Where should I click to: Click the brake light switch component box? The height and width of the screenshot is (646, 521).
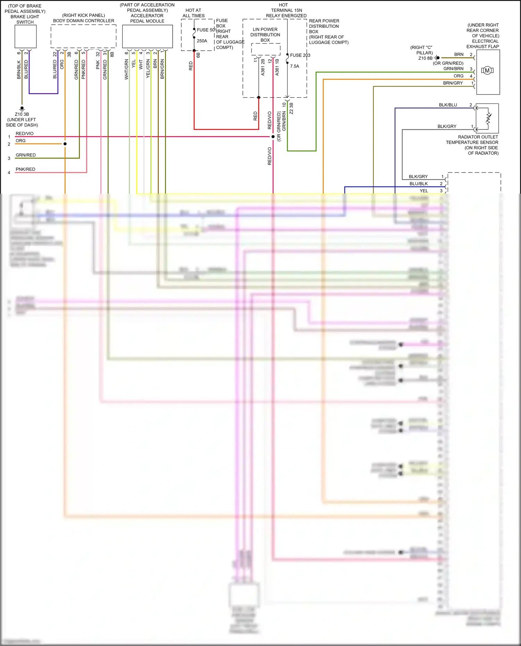[x=25, y=36]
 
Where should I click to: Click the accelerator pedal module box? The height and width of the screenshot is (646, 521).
[x=147, y=36]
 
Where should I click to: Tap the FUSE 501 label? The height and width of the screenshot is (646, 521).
[x=206, y=30]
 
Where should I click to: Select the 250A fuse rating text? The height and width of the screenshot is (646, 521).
[x=202, y=41]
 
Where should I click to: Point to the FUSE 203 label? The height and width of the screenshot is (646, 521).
[x=300, y=55]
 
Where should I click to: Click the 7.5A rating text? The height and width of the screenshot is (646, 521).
[x=295, y=66]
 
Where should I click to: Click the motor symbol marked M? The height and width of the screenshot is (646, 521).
[x=487, y=70]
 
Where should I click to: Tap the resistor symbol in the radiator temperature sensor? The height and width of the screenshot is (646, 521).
[x=488, y=118]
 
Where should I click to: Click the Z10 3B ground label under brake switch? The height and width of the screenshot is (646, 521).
[x=22, y=114]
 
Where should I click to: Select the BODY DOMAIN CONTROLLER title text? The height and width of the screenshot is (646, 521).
[x=83, y=21]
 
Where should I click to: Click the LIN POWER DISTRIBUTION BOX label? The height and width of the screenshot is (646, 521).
[x=265, y=35]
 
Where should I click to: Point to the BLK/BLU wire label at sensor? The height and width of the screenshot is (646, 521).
[x=448, y=105]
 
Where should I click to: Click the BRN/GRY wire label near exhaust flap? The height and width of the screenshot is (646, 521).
[x=453, y=83]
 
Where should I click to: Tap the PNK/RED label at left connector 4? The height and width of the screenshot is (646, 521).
[x=25, y=169]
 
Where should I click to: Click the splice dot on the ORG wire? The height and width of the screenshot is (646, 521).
[x=65, y=144]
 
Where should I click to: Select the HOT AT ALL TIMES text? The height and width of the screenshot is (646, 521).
[x=193, y=13]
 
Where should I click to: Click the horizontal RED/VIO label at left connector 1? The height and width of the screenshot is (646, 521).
[x=25, y=134]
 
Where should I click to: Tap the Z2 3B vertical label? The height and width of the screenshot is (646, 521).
[x=291, y=108]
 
